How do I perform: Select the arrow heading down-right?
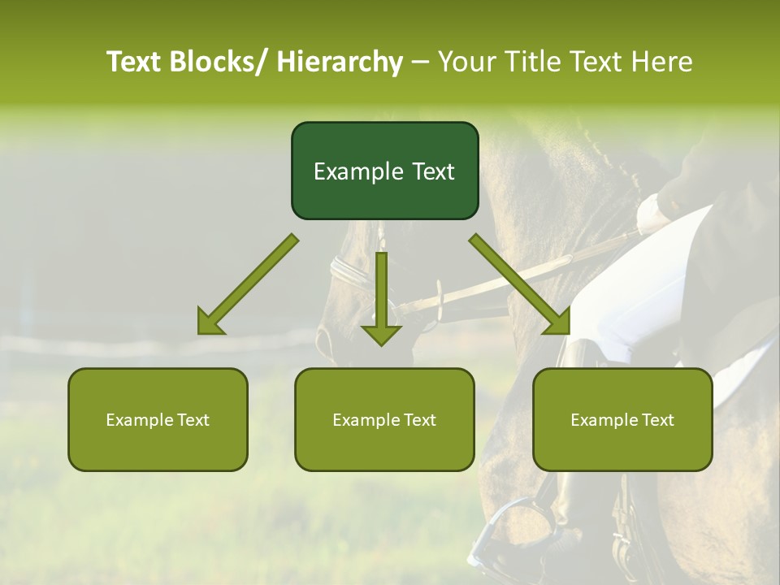(x=520, y=284)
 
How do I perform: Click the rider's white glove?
(x=652, y=213)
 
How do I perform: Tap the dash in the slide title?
(x=420, y=62)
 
